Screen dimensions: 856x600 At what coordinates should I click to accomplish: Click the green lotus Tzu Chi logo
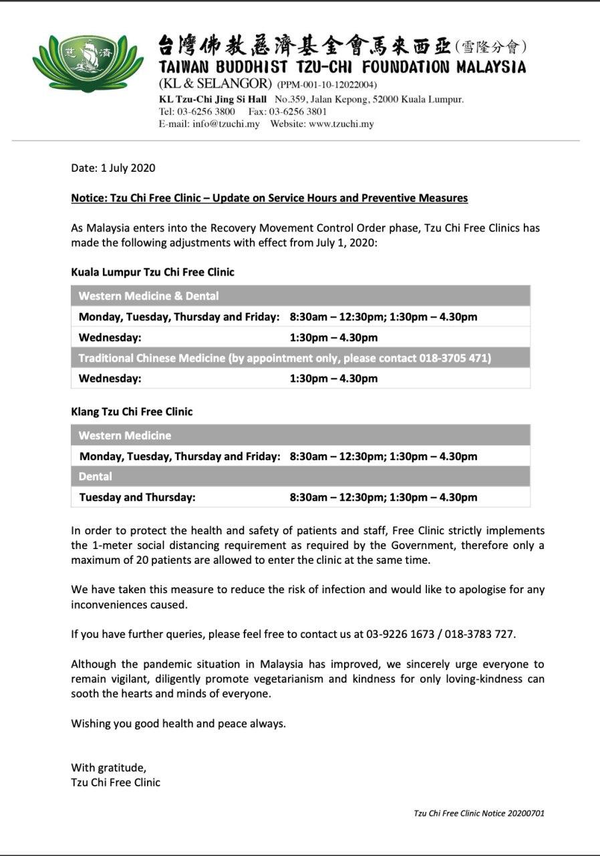tap(88, 64)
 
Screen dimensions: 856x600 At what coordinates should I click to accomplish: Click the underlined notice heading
tap(269, 198)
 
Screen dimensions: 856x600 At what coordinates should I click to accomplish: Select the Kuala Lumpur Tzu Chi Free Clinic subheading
tap(152, 272)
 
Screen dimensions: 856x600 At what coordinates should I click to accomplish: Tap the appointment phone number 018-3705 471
tap(454, 358)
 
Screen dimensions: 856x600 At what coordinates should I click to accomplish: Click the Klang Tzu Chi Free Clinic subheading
tap(132, 411)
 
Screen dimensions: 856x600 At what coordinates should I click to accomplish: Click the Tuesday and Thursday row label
tap(138, 497)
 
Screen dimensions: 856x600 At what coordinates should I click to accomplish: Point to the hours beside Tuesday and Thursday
tap(384, 497)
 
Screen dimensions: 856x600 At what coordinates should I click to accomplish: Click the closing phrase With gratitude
tap(108, 768)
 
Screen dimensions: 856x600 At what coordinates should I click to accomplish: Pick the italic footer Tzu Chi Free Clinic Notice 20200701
tap(479, 814)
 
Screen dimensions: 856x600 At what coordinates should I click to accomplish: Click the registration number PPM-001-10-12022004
tap(327, 85)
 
